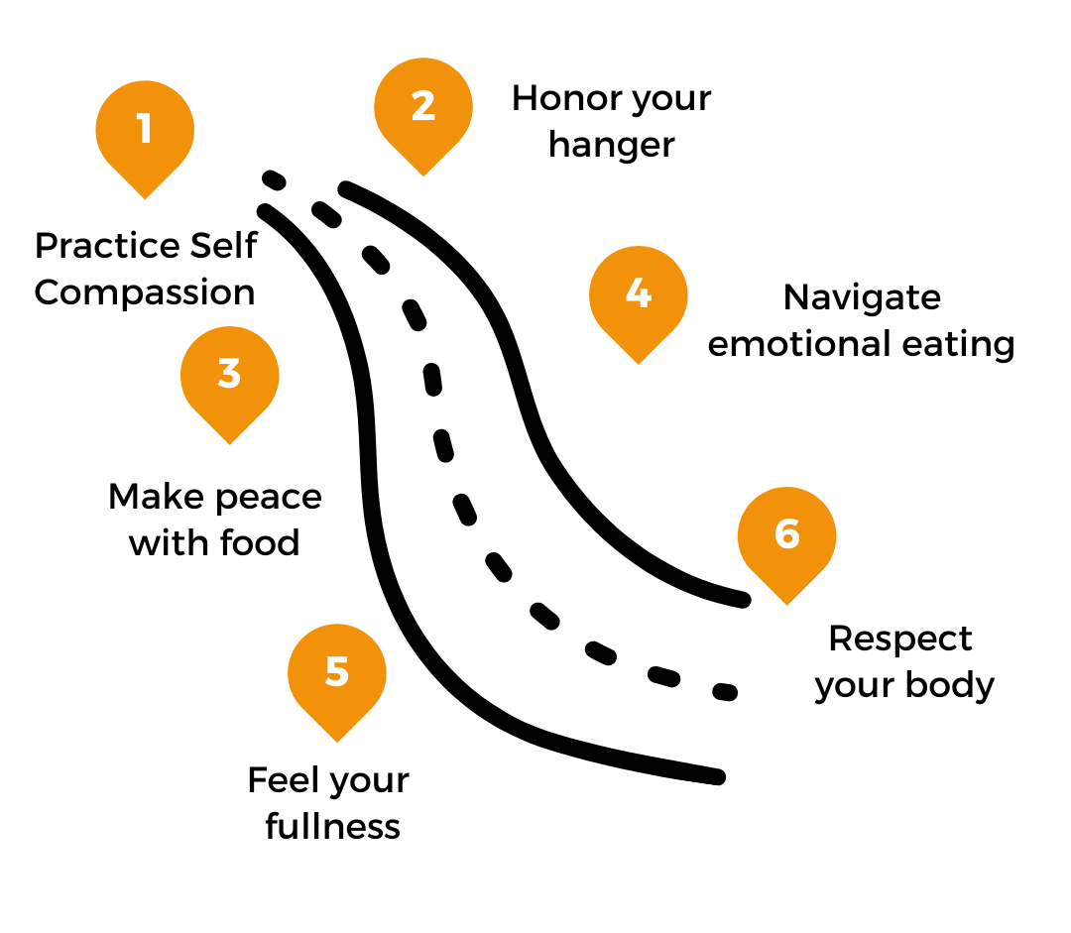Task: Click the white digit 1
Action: [145, 129]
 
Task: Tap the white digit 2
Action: [423, 106]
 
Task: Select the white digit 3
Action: [229, 374]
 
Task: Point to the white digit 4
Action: [639, 293]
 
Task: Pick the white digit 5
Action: [337, 672]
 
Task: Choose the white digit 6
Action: [786, 534]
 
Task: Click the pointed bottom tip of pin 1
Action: [145, 198]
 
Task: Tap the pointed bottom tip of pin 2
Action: [423, 175]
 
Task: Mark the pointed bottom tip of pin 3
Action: [229, 443]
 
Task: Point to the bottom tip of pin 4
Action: [639, 363]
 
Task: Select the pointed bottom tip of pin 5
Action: [337, 742]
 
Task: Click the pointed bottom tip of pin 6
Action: [786, 604]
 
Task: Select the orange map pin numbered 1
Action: [145, 134]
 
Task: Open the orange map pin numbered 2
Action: [423, 111]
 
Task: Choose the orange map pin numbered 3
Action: [229, 379]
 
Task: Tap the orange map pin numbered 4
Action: [639, 298]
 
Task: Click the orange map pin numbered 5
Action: [337, 677]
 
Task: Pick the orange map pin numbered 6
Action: [786, 539]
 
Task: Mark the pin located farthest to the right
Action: [786, 539]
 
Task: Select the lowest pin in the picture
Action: [337, 677]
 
